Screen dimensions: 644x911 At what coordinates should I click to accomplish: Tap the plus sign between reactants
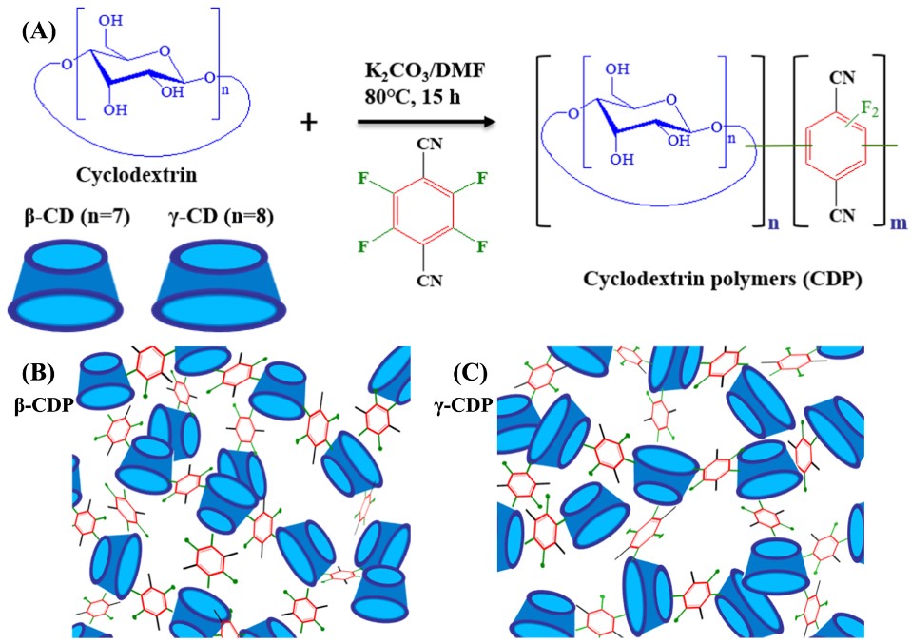(308, 122)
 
